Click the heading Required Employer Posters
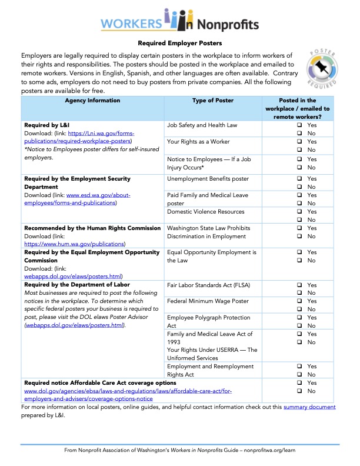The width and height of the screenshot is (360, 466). point(180,43)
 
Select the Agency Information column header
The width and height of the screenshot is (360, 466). point(93,101)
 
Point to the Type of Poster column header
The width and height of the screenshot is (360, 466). point(212,101)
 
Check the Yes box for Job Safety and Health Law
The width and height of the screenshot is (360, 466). point(299,125)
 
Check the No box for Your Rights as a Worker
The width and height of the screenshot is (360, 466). point(299,150)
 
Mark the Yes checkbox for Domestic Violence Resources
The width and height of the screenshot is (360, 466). point(299,211)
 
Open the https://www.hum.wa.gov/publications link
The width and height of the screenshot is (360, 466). point(75,243)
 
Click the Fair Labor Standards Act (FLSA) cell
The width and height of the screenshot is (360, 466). point(208,285)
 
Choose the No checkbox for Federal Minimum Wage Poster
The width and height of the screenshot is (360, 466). point(299,309)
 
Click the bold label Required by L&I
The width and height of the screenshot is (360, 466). point(47,125)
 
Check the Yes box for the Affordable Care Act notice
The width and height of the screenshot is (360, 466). point(299,382)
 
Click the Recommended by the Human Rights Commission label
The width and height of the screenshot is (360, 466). point(92,228)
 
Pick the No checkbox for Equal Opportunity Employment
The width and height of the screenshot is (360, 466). point(299,261)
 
